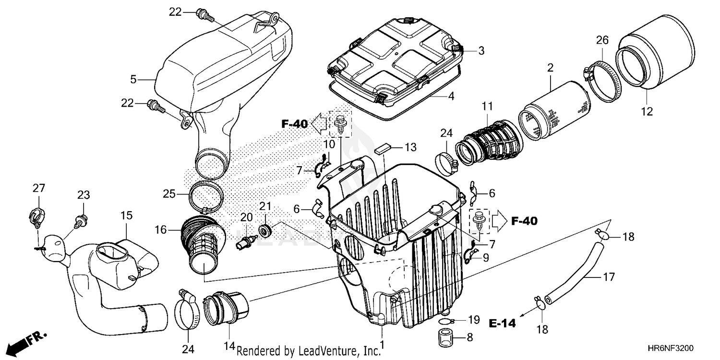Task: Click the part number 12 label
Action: point(646,112)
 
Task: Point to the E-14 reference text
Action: point(503,324)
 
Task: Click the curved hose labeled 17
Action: point(574,275)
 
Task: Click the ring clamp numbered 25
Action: point(207,197)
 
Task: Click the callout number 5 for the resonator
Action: point(134,79)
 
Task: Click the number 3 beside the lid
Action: point(481,50)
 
